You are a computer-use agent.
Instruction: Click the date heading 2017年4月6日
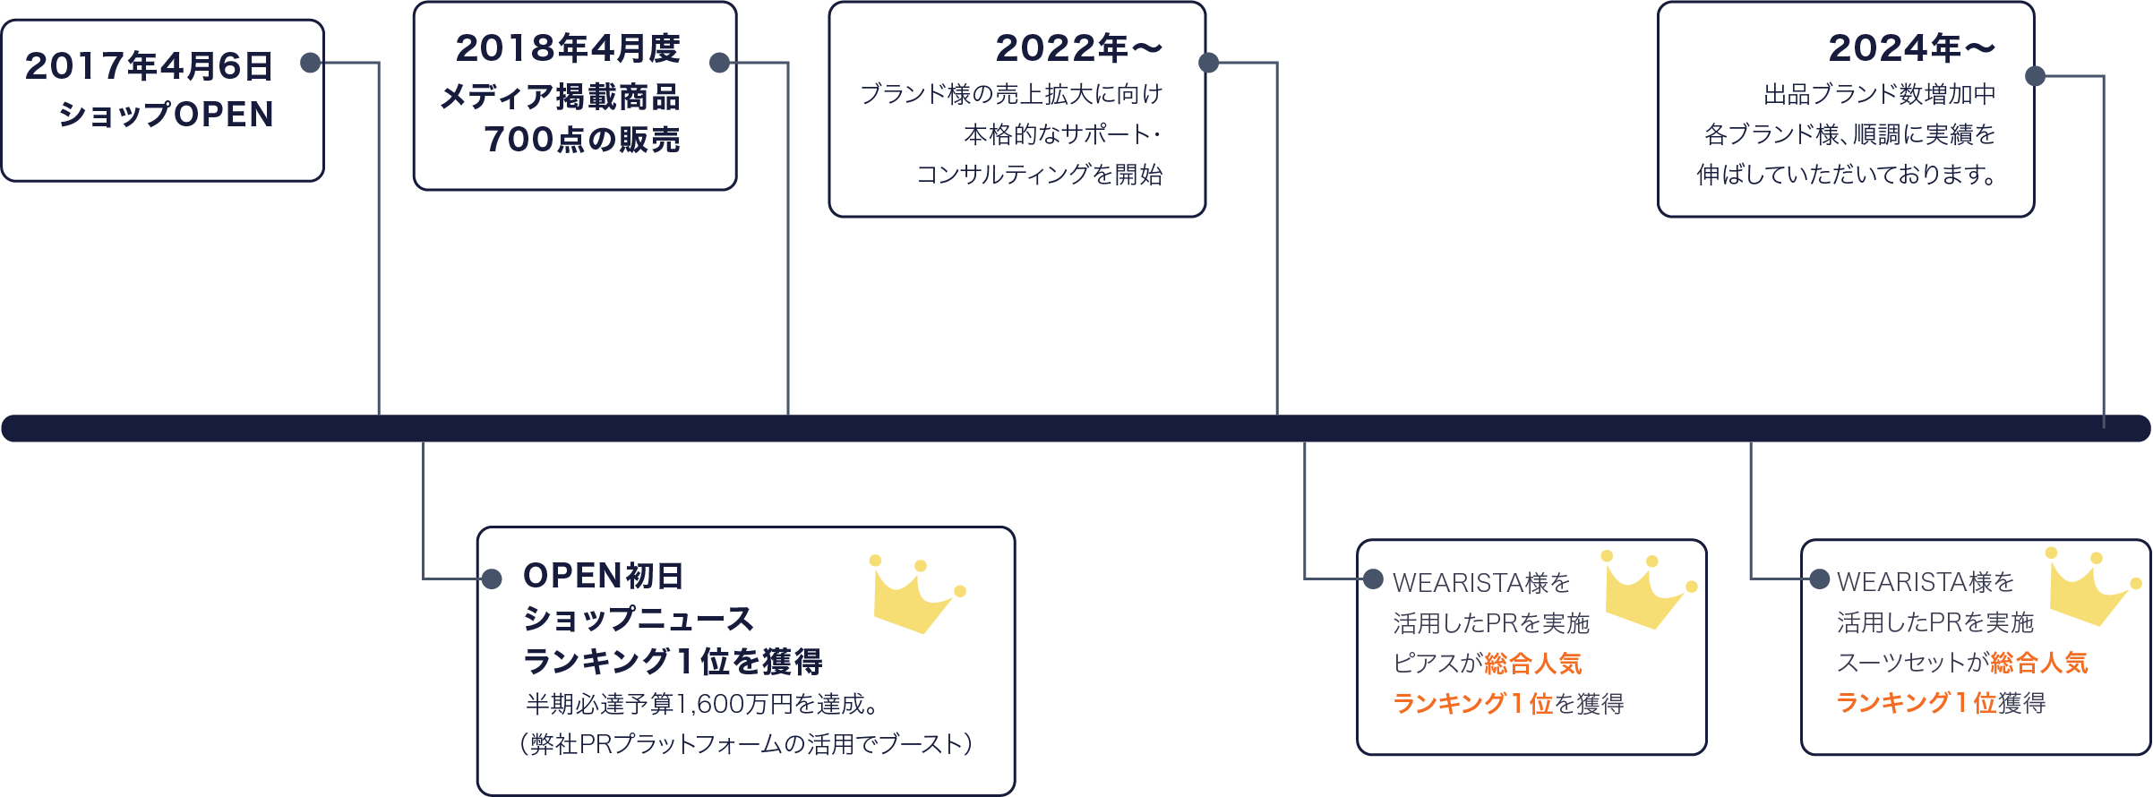pos(149,66)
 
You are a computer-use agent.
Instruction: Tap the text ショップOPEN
pos(166,115)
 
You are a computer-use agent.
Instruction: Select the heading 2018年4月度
pos(568,48)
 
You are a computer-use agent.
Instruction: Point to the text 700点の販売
pos(582,140)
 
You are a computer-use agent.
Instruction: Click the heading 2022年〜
pos(1078,48)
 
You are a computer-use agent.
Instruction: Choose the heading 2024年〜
pos(1911,48)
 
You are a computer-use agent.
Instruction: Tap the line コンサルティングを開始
pos(1039,174)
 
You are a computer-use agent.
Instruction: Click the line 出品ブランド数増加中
pos(1879,94)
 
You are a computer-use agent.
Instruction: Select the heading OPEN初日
pos(603,576)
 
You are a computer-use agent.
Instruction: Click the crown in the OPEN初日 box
pos(914,595)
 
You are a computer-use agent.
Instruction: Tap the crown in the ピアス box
pos(1646,590)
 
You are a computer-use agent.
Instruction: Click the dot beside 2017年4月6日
pos(311,63)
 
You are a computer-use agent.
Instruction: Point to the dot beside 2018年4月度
pos(719,63)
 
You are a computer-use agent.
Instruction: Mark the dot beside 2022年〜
pos(1208,63)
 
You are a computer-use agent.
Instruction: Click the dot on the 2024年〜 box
pos(2035,76)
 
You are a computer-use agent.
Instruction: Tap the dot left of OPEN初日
pos(492,579)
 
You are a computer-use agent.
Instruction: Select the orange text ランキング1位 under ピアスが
pos(1472,704)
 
